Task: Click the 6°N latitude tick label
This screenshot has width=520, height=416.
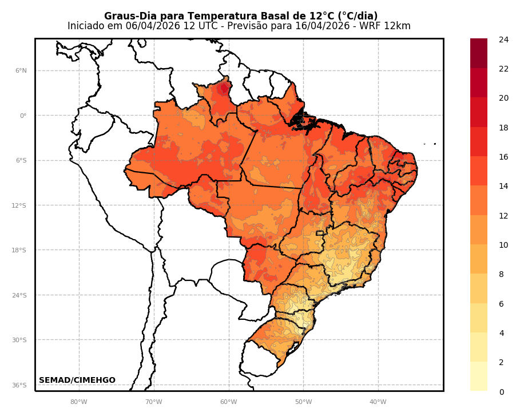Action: point(21,71)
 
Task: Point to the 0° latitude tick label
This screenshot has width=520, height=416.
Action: point(23,116)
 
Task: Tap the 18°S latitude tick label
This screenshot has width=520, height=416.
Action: point(19,251)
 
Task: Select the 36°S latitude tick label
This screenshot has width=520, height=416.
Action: point(19,385)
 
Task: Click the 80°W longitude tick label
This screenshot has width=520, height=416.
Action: point(79,402)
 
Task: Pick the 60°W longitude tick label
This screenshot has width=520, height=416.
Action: point(229,402)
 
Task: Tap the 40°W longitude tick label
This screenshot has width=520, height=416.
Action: point(378,402)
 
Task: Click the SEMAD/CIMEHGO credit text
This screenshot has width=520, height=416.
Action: point(77,381)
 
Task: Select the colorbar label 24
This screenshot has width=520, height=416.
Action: point(503,39)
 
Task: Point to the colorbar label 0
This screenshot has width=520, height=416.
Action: point(502,392)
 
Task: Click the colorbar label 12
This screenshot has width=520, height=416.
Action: point(503,216)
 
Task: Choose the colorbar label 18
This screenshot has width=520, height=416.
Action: point(503,128)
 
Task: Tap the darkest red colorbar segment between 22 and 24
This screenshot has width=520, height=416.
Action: point(479,53)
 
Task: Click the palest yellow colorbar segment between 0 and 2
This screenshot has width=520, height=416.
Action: point(479,377)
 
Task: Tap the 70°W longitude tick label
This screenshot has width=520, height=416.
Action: point(154,402)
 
